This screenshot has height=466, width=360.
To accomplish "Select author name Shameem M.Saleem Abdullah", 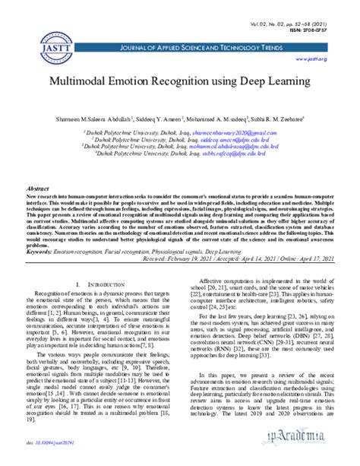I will pyautogui.click(x=92, y=119).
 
